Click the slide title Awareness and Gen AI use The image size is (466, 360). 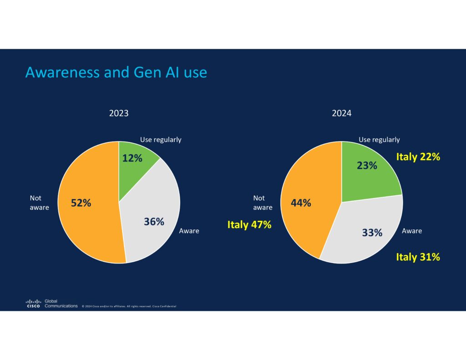tap(116, 72)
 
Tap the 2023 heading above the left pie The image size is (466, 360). tap(119, 113)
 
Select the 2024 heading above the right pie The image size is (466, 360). tap(342, 113)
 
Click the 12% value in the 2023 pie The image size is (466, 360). tap(132, 158)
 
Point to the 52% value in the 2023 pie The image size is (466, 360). tap(81, 203)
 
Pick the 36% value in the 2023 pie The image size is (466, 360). tap(154, 222)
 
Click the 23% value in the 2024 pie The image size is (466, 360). tap(367, 165)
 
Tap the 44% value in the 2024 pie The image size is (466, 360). tap(301, 203)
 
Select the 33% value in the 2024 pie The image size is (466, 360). tap(372, 233)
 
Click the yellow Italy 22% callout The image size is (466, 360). tap(418, 157)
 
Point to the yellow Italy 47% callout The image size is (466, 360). tap(249, 224)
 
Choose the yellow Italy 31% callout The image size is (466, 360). tap(418, 257)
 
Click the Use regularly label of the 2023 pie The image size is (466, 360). tap(161, 140)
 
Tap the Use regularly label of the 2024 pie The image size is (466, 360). tap(379, 140)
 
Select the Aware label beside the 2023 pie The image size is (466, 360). tap(189, 231)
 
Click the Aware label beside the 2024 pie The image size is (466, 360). tap(412, 231)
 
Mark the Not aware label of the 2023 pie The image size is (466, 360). tap(39, 203)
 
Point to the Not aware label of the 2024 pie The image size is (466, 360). tap(263, 203)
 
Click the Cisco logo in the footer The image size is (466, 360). tap(33, 304)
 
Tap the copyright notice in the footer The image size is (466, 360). tap(129, 306)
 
